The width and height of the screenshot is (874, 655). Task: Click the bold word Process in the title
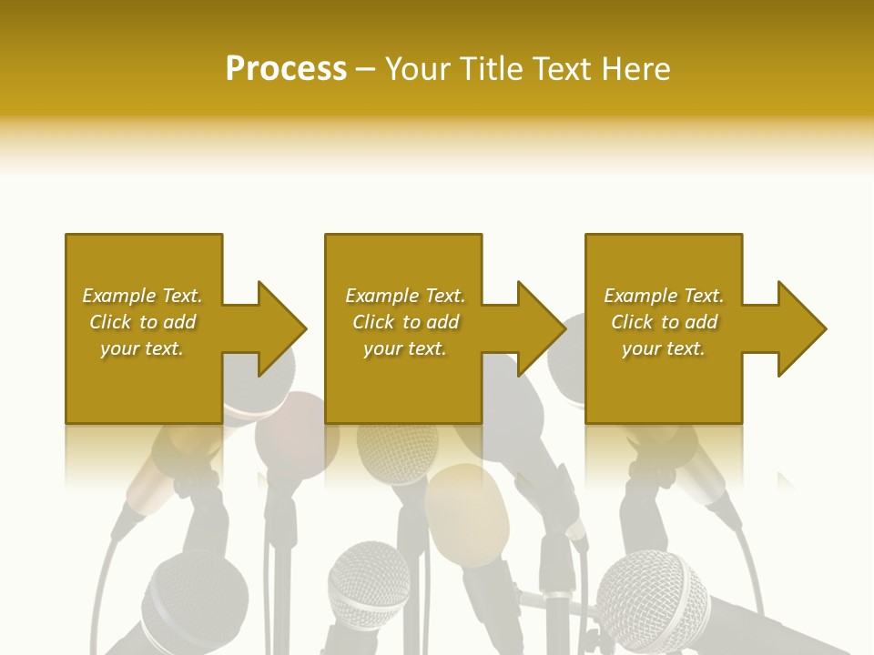[286, 69]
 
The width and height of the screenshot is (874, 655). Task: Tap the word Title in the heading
[490, 69]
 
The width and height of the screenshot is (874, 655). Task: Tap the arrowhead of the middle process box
[536, 328]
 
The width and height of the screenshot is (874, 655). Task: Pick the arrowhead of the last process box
[797, 328]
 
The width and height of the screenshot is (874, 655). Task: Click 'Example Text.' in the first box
[142, 296]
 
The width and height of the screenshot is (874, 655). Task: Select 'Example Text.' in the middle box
[405, 296]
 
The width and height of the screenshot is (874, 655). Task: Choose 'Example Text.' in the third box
[664, 296]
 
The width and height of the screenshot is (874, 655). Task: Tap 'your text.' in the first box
[142, 348]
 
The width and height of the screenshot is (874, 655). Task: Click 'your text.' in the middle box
[405, 348]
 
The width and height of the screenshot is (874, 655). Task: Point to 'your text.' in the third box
[664, 348]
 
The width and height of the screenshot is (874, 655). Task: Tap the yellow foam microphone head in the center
[468, 514]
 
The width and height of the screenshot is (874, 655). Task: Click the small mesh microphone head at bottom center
[369, 582]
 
